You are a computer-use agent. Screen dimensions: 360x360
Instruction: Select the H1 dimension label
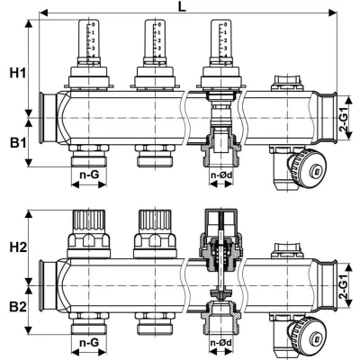[x=15, y=73]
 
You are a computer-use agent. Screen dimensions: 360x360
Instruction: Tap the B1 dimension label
[x=15, y=142]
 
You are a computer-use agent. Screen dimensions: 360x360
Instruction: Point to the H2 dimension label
[x=15, y=245]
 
